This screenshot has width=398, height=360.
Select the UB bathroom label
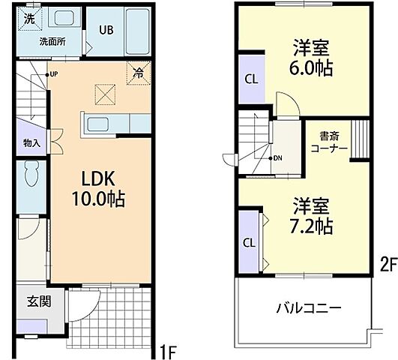106,31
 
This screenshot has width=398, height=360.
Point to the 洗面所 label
52,42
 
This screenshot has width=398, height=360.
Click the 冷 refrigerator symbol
139,73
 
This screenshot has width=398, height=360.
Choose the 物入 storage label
31,142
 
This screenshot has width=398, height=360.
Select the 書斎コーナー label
329,142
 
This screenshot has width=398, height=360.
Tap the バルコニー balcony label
308,308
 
